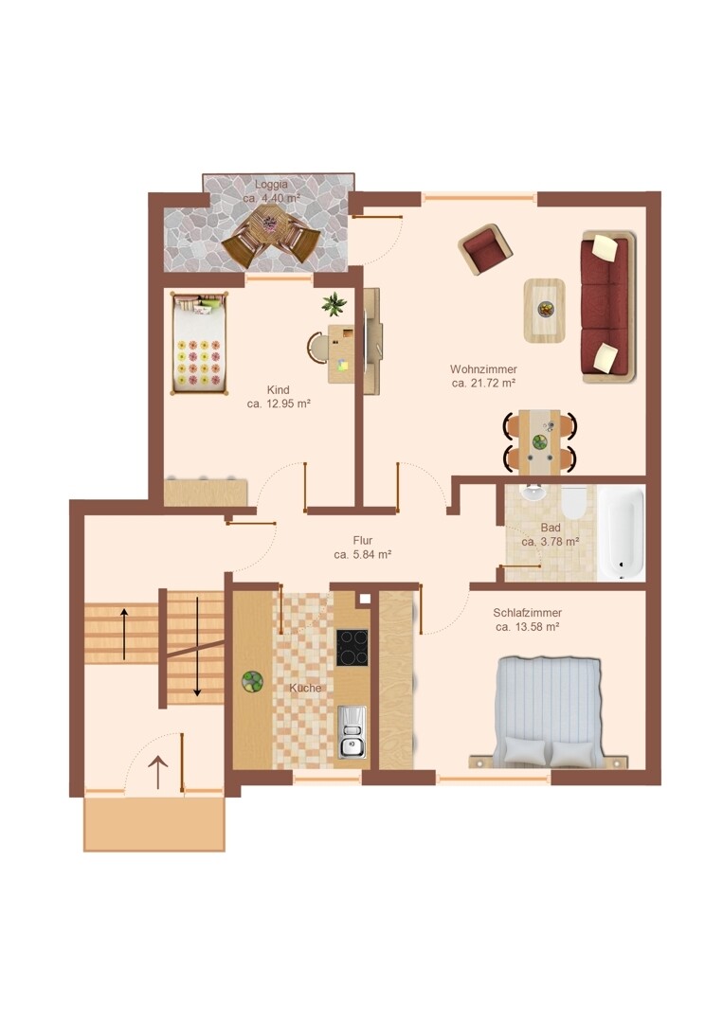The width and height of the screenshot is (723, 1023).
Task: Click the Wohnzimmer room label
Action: click(483, 369)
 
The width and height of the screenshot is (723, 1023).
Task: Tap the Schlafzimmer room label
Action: click(527, 613)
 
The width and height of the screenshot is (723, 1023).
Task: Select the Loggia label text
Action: click(271, 184)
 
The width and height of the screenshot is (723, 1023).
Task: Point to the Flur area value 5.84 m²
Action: click(362, 554)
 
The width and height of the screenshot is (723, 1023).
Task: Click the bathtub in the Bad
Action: click(622, 532)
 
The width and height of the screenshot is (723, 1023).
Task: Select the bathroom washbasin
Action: click(534, 492)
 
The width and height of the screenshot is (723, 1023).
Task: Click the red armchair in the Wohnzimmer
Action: click(485, 250)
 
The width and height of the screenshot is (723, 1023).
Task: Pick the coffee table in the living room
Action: click(544, 310)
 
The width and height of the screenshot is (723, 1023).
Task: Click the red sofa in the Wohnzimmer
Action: click(607, 306)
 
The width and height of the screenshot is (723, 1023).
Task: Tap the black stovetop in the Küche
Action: click(352, 647)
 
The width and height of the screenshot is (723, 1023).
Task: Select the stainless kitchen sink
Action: click(352, 732)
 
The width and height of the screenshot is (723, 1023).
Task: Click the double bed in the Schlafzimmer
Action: click(548, 712)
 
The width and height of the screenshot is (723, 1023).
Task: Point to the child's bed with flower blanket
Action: click(200, 343)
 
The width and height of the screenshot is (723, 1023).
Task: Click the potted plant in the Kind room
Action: click(334, 304)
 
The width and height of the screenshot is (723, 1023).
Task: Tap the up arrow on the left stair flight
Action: click(123, 634)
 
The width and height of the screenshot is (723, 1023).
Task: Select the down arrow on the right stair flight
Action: click(197, 647)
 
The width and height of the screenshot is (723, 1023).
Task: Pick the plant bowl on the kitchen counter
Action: click(252, 681)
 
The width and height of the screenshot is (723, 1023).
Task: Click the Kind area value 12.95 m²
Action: click(278, 404)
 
